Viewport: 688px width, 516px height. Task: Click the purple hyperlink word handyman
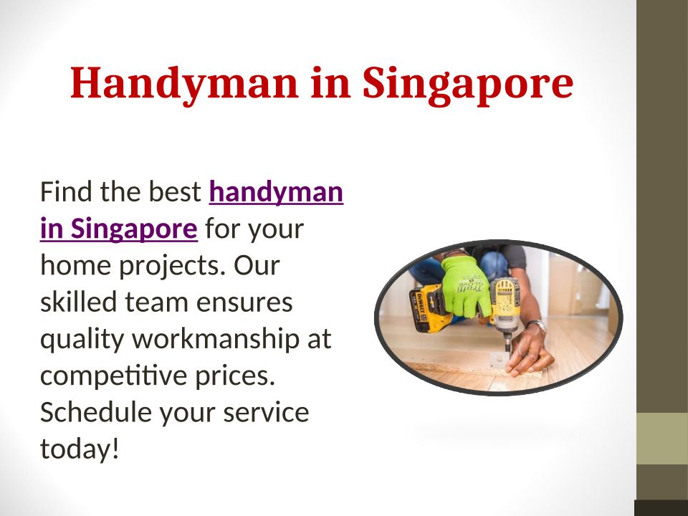coord(276,192)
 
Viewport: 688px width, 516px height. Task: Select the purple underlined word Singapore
coord(134,229)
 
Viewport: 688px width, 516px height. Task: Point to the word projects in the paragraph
coord(173,266)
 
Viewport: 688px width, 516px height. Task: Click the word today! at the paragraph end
coord(80,449)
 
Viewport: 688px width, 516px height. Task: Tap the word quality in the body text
coord(82,340)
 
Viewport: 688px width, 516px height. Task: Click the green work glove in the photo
coord(464,285)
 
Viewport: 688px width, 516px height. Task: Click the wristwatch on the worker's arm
coord(537,326)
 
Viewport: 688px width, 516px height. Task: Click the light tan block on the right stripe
coord(662,439)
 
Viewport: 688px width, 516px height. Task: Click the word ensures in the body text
coord(244,302)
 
